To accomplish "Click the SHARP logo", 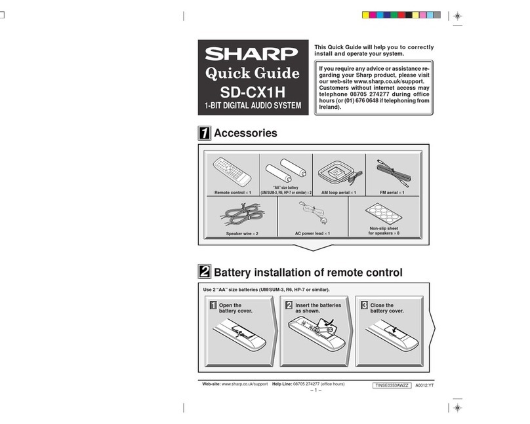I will coord(253,53).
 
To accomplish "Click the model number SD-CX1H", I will coord(253,90).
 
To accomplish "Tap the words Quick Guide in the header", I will coord(253,73).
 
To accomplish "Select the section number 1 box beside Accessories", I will coord(205,134).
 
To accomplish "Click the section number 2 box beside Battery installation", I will coord(205,271).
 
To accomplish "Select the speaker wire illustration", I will coord(241,216).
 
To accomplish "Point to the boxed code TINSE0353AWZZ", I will coord(391,386).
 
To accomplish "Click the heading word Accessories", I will coord(247,134).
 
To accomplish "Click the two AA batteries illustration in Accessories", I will coord(285,172).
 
